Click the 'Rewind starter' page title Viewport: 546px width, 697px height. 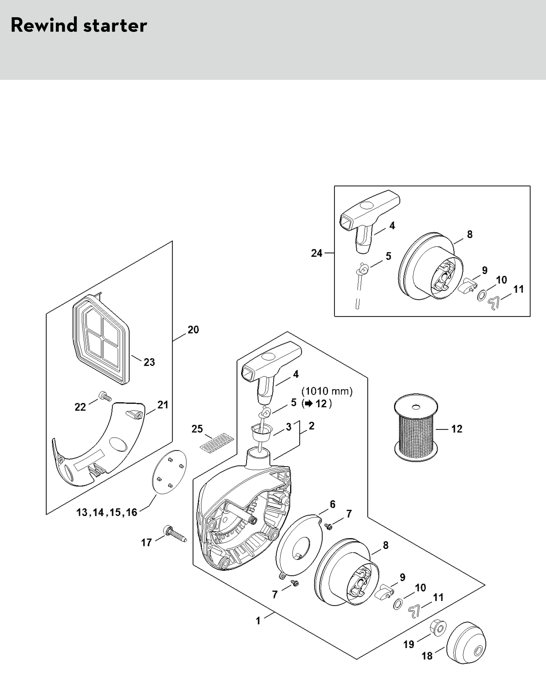79,25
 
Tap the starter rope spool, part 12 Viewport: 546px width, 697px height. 416,428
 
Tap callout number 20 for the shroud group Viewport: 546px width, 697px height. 193,330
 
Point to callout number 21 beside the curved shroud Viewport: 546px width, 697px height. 163,405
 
